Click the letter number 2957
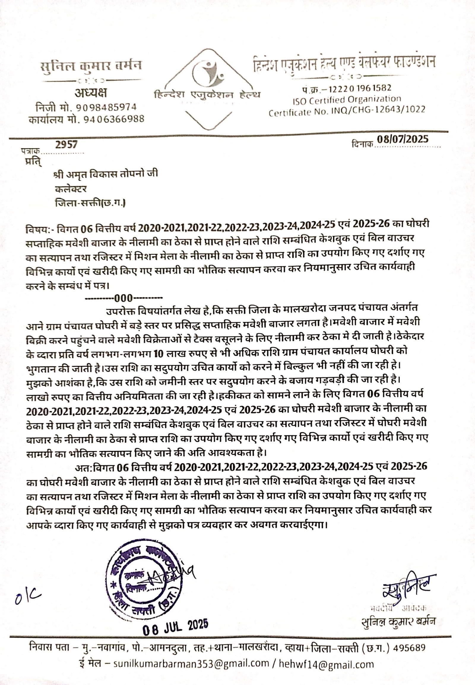66,144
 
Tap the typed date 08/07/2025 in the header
403,139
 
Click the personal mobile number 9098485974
106,107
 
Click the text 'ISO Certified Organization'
347,100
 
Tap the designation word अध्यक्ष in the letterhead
91,93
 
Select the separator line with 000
123,298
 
